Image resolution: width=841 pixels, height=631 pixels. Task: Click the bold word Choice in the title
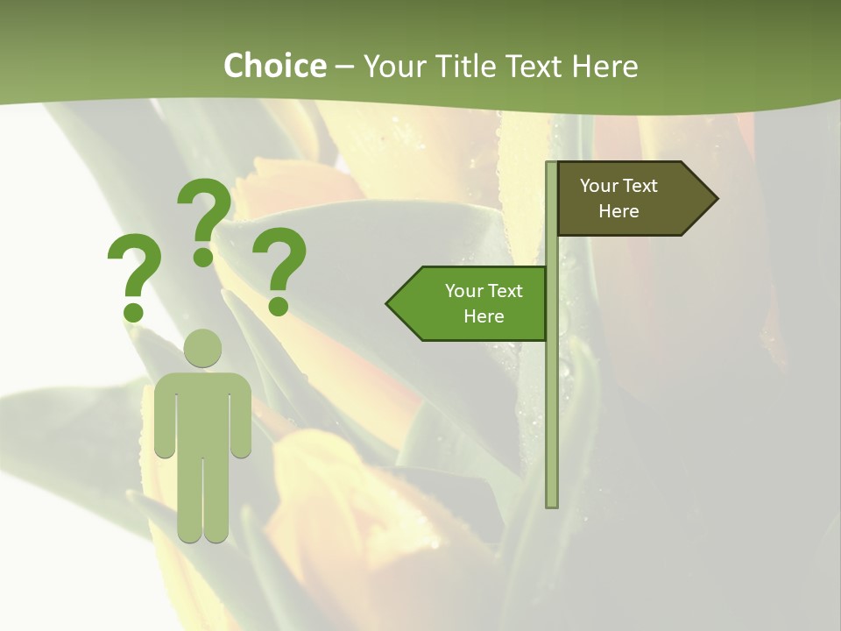(274, 66)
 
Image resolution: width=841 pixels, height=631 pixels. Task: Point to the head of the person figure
(203, 348)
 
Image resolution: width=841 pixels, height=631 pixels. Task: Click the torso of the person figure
(203, 412)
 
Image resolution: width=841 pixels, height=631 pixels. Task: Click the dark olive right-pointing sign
(626, 199)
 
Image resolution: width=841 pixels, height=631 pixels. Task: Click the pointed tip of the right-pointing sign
(715, 199)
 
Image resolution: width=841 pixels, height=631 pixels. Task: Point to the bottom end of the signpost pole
(552, 503)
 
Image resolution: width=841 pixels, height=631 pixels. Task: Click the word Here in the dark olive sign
(618, 211)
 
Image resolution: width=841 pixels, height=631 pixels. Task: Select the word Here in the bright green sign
(484, 316)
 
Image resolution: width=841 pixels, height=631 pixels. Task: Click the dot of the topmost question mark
(203, 256)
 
